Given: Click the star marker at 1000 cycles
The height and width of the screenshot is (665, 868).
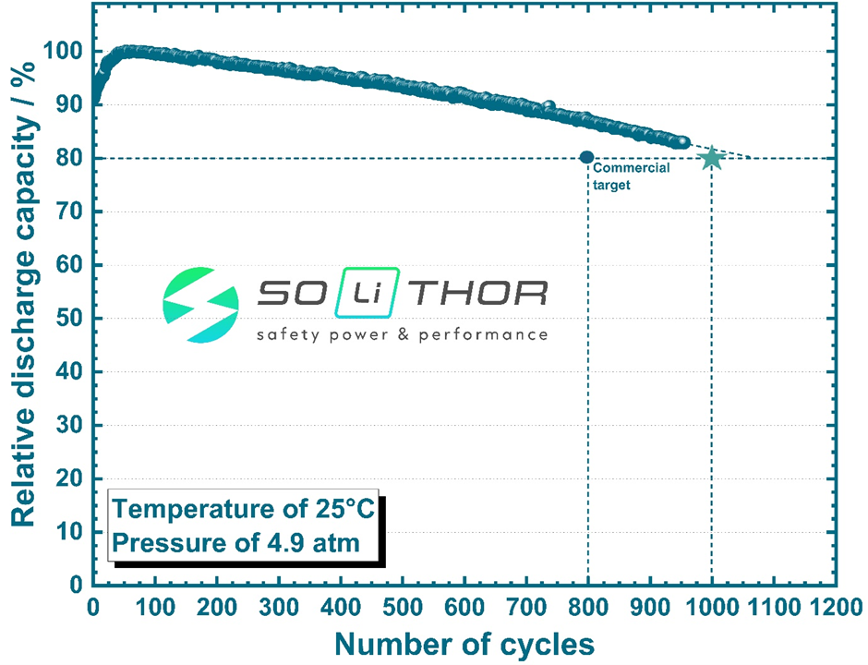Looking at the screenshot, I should tap(711, 158).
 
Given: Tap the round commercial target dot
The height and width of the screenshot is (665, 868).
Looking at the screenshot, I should tap(586, 157).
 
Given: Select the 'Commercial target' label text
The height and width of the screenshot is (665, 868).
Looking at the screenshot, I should tap(631, 175).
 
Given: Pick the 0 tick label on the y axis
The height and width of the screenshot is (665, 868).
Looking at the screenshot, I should tap(78, 586).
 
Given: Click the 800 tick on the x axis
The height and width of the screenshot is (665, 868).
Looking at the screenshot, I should tap(587, 605).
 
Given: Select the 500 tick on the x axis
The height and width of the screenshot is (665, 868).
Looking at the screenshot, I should tap(402, 605).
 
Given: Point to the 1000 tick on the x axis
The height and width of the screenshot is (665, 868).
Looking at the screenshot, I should tap(711, 605).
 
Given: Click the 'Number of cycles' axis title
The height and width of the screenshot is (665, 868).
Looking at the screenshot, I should tap(464, 643).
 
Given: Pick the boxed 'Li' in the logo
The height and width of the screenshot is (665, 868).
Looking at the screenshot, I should tap(367, 294).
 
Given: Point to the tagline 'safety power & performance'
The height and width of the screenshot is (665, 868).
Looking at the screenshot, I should tap(402, 333).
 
